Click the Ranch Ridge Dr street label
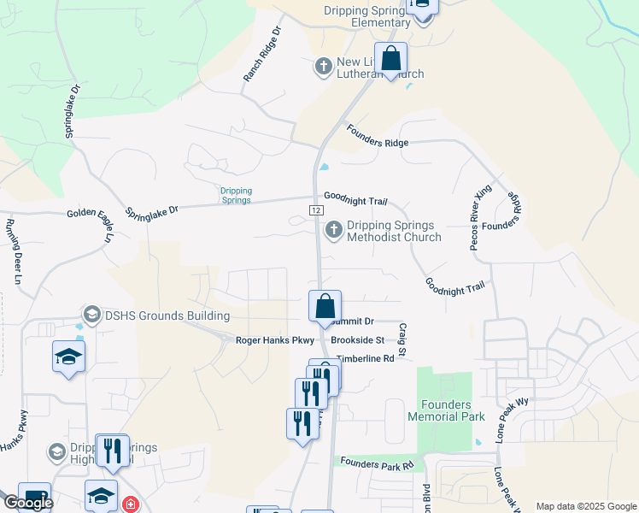tap(262, 54)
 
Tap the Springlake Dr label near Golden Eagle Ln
tap(152, 209)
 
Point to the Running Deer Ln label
tap(13, 251)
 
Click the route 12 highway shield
tap(316, 209)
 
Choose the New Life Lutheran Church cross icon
tap(324, 66)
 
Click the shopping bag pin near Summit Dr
tap(325, 306)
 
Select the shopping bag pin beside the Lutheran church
tap(391, 59)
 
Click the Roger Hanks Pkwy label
tap(275, 340)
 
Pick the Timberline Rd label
tap(365, 359)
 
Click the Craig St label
tap(402, 340)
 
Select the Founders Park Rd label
tap(376, 463)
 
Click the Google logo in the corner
tap(28, 503)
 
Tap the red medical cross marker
tap(129, 504)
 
